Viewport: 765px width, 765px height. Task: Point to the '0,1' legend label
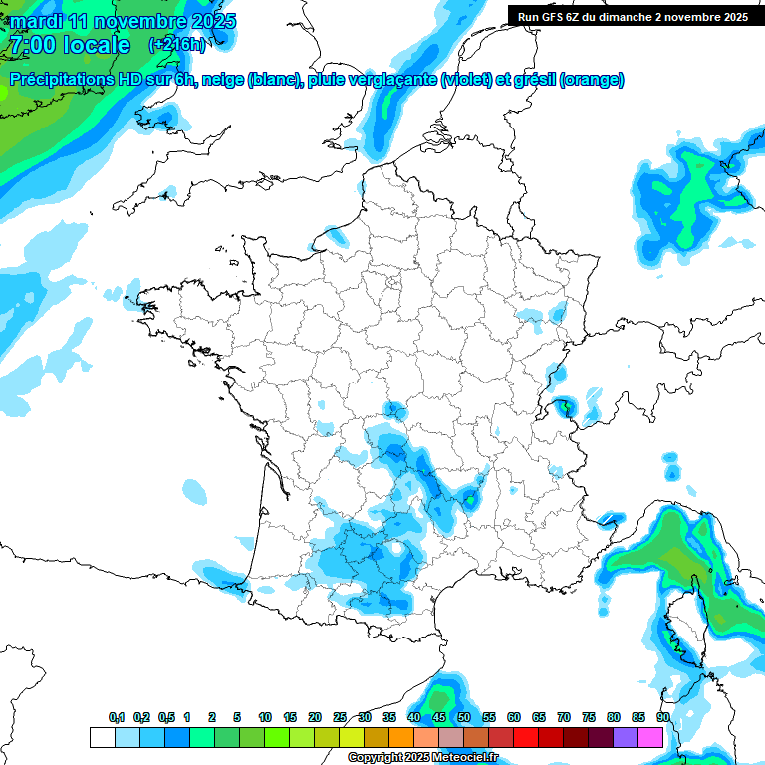117,717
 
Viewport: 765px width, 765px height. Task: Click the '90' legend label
662,717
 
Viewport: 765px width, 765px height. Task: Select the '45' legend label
439,717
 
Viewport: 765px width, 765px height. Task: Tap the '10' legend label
265,717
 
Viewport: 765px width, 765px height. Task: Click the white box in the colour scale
102,737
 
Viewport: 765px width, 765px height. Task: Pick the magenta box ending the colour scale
650,737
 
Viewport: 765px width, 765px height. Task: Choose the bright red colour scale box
526,737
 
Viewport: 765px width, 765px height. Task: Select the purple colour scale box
626,737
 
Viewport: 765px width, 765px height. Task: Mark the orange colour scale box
401,737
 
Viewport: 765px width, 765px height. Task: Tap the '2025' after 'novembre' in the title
212,21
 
